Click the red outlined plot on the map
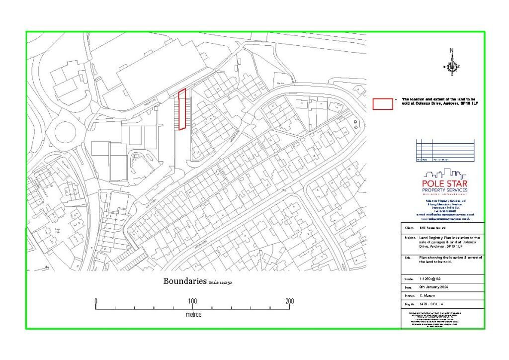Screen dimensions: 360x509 (182, 109)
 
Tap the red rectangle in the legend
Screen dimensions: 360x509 (383, 103)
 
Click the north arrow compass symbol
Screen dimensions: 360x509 (452, 67)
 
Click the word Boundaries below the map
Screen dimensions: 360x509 (185, 281)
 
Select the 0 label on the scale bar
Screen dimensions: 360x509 (96, 301)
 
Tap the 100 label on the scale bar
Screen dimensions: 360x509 (192, 301)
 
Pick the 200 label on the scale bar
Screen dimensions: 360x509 (290, 301)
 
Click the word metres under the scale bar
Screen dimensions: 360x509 (193, 315)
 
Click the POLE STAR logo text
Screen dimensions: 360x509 (444, 184)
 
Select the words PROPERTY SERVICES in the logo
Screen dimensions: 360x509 (444, 190)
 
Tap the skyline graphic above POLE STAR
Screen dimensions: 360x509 (444, 174)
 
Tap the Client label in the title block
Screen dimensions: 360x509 (410, 228)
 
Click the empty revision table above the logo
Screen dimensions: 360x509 (445, 150)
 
